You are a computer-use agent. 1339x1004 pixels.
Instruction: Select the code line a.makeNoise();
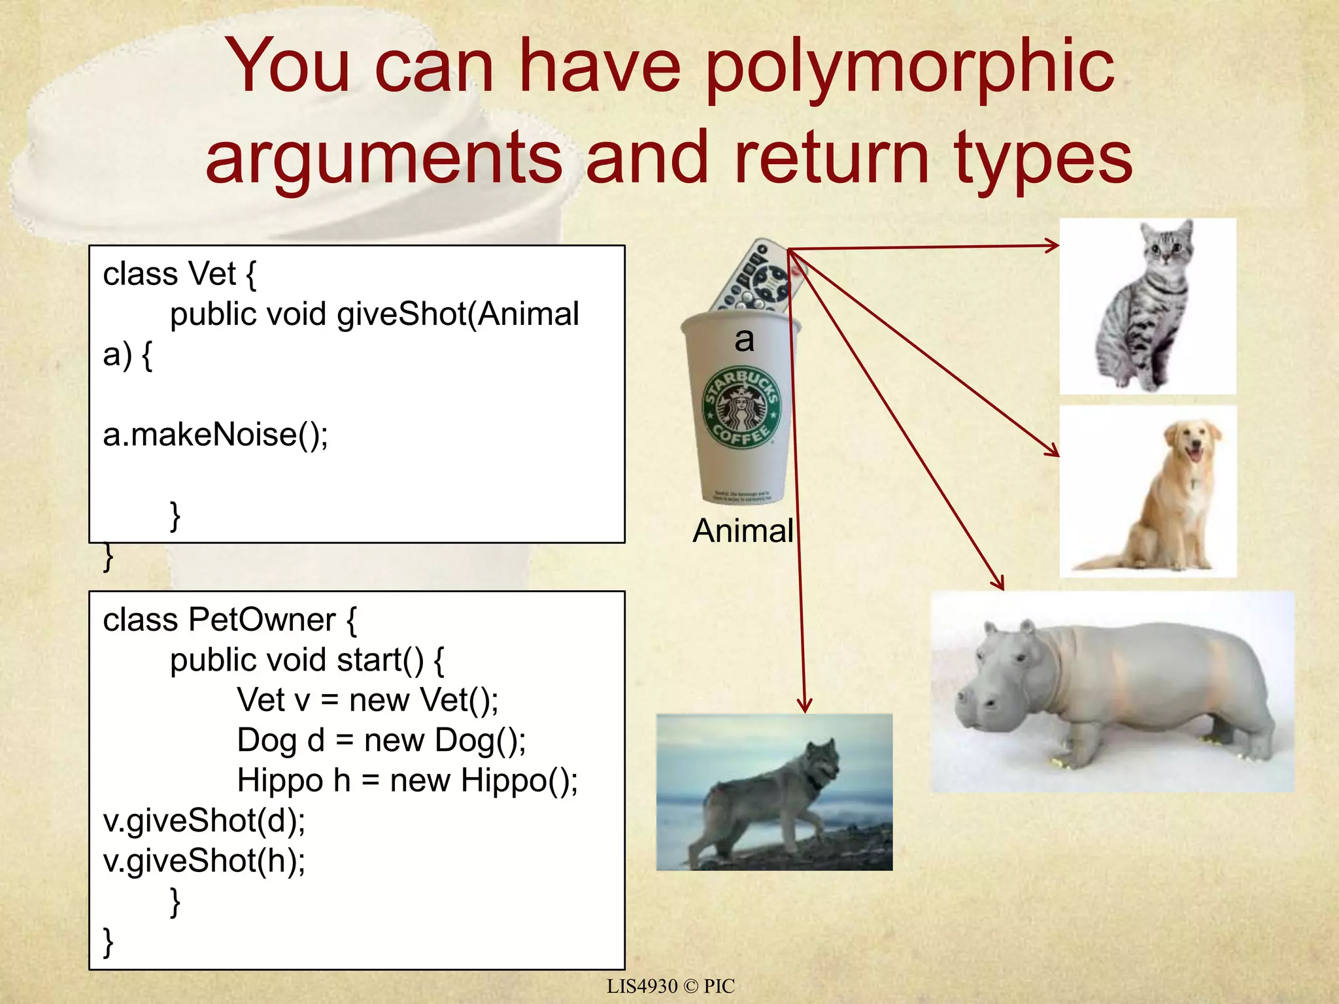(x=215, y=435)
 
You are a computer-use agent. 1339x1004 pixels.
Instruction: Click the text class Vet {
(x=180, y=274)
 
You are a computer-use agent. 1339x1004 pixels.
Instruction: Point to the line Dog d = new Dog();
(x=381, y=741)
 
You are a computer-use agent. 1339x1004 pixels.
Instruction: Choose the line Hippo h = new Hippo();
(x=407, y=780)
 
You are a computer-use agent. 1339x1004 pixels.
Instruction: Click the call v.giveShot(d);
(x=204, y=821)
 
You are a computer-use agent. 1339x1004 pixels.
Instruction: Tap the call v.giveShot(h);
(x=204, y=861)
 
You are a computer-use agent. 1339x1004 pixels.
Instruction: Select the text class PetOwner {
(x=229, y=620)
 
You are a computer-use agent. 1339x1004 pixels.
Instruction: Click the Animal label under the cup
(x=743, y=530)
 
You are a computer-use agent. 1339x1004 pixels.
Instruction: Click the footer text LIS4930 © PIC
(x=670, y=986)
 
